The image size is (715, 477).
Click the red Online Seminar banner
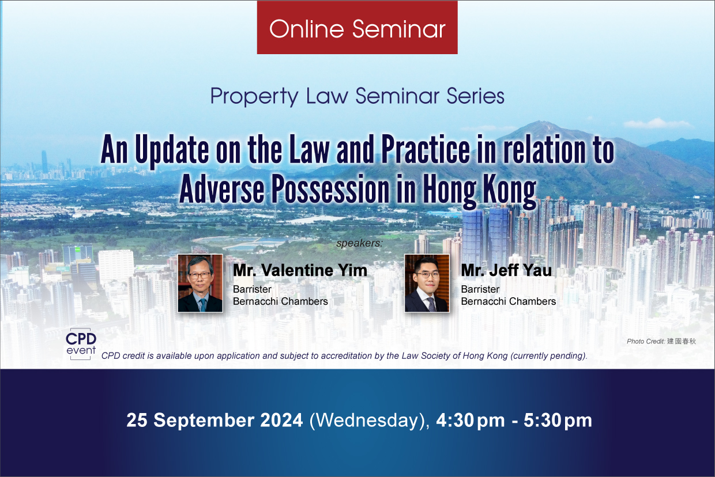357,28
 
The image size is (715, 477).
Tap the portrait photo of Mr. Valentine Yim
200,283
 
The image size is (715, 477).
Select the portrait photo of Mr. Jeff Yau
427,283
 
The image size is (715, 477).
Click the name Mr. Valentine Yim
300,270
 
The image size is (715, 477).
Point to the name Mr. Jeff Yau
506,270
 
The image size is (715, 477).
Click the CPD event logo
81,344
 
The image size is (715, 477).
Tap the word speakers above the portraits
359,243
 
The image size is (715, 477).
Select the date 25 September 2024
215,420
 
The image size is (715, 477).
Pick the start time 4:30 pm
471,420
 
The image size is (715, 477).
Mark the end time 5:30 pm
558,420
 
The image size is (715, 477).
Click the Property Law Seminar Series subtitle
357,96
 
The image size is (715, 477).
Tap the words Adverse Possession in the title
284,190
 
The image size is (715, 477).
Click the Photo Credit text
661,341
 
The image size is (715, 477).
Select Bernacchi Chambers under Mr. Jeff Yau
509,301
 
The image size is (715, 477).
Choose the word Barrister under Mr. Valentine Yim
252,289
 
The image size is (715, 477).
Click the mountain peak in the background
540,122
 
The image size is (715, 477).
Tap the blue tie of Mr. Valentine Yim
203,305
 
